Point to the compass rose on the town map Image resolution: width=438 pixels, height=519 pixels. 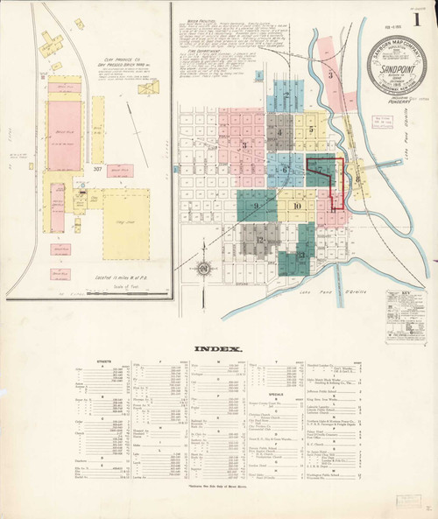202,267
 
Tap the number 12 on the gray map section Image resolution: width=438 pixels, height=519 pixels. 260,238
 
